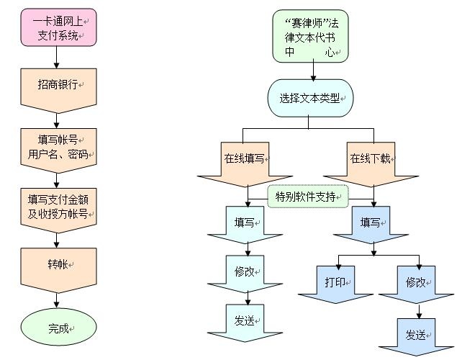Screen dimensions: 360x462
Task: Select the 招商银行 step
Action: click(58, 85)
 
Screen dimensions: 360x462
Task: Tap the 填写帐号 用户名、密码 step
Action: click(58, 146)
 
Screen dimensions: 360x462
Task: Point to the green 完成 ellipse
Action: click(58, 328)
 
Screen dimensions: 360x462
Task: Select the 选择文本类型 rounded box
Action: click(311, 99)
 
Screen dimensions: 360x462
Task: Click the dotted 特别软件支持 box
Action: click(308, 197)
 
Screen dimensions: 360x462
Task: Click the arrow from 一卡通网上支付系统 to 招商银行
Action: click(58, 57)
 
